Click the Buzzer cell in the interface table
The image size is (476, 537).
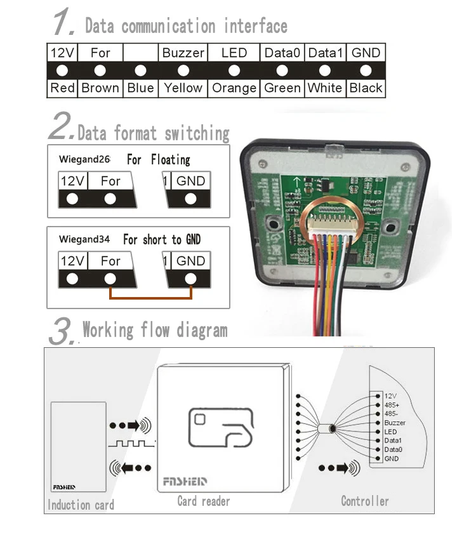coord(183,53)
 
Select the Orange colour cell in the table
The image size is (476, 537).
coord(234,88)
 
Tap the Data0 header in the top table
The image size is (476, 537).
coord(282,53)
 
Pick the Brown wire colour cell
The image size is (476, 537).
coord(100,88)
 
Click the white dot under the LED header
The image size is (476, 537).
coord(234,70)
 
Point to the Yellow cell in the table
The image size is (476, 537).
coord(183,88)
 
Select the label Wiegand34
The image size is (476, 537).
coord(84,239)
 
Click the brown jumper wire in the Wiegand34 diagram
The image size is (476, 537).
coord(150,296)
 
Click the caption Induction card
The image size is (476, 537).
coord(81,505)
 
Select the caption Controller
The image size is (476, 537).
coord(364,501)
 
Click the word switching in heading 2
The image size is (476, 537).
coord(197,134)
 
